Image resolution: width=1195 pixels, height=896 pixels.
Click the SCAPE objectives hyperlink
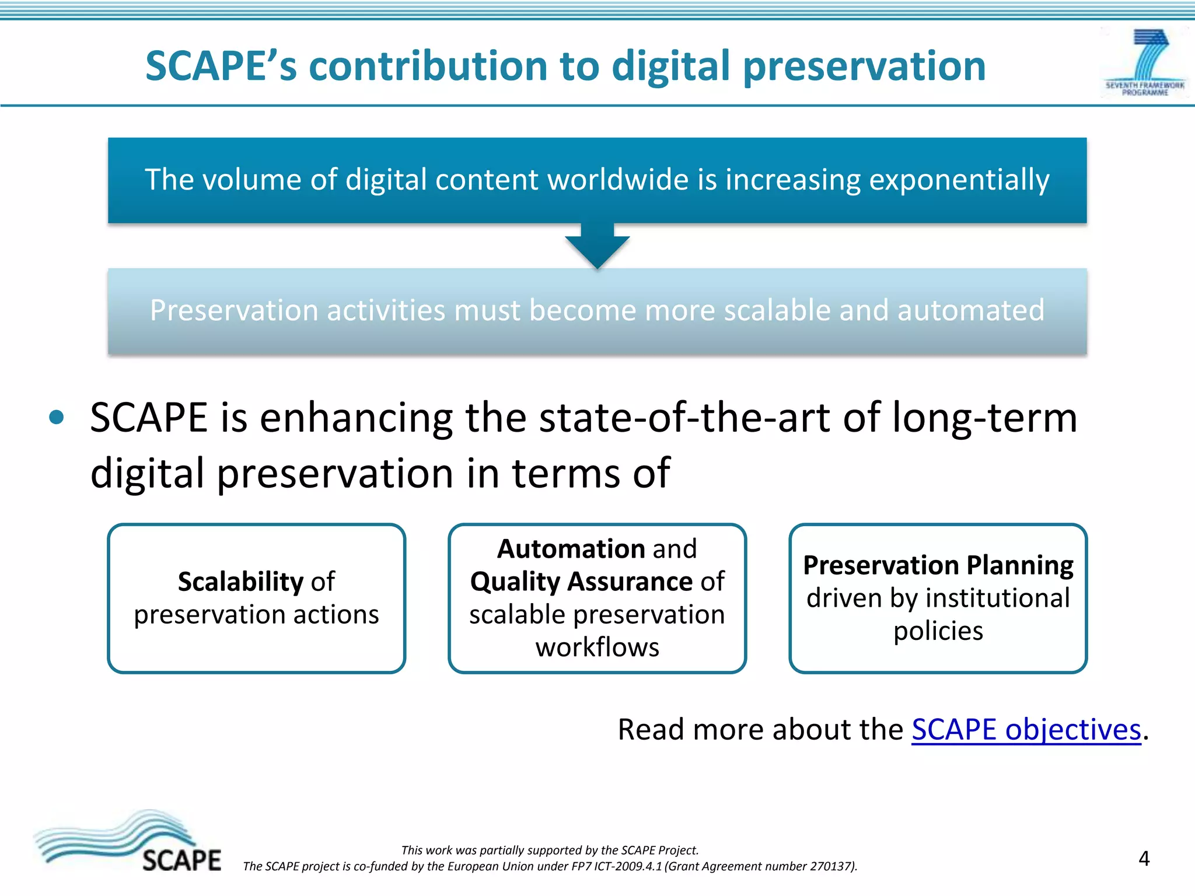click(x=1026, y=730)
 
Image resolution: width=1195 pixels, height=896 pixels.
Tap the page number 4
click(x=1144, y=859)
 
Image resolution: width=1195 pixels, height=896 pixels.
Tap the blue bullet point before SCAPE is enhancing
click(x=57, y=418)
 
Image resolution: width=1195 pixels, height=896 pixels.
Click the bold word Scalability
click(x=240, y=582)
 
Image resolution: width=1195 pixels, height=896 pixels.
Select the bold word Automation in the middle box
click(x=571, y=549)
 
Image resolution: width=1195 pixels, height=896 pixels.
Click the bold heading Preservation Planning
click(x=938, y=565)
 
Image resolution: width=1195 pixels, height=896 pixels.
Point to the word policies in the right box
click(x=938, y=631)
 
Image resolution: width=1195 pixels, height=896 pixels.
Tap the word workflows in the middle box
click(x=597, y=647)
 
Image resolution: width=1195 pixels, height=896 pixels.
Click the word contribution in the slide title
click(x=429, y=65)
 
